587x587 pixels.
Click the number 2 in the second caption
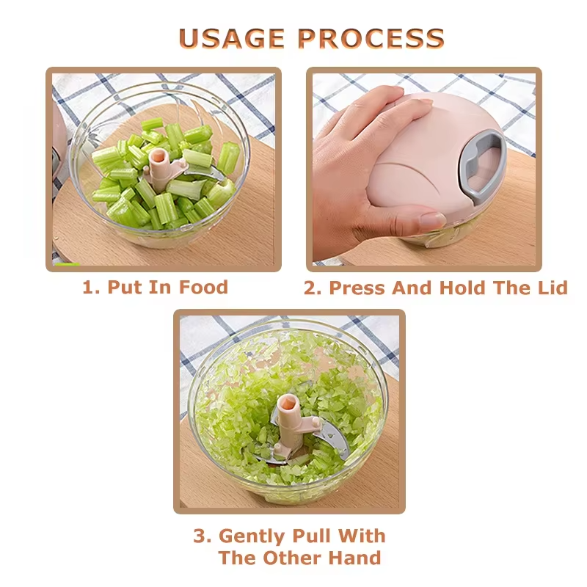coord(312,288)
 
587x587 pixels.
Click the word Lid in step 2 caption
coord(551,288)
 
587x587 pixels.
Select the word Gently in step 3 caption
coord(253,536)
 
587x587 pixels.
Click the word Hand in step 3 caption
coord(353,558)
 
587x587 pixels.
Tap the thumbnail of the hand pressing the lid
coord(423,169)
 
